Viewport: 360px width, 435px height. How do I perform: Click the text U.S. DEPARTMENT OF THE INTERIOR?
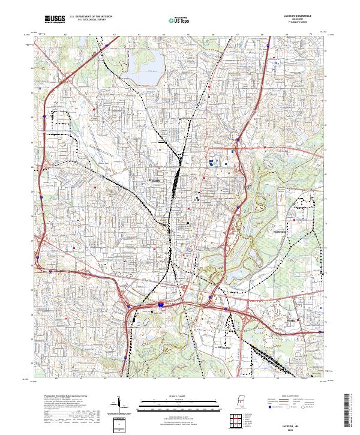point(90,17)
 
